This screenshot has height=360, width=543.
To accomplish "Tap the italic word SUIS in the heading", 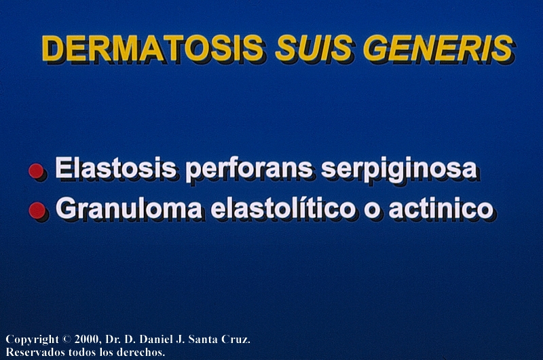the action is point(314,48).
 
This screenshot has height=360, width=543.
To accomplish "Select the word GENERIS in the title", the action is point(438,48).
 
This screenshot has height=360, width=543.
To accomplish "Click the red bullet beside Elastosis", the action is point(36,170).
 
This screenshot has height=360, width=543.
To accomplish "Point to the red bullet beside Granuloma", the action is point(37,211).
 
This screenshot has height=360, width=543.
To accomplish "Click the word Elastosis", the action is point(115,168).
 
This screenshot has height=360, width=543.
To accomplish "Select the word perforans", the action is point(249,170).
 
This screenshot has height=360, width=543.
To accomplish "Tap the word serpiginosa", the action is point(399,170).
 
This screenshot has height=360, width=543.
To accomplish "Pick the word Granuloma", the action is point(129,209).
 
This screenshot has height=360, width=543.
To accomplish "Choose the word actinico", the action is point(441,209).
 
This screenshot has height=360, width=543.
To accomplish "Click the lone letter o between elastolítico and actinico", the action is point(371,211).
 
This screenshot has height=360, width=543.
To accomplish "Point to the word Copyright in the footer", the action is point(32,340).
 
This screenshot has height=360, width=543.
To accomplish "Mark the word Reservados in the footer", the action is point(35,352).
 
